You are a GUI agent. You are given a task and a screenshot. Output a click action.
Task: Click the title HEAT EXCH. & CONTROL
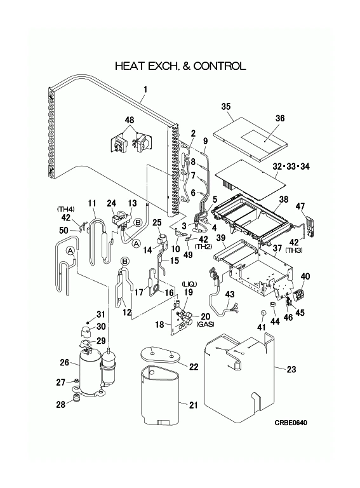pyautogui.click(x=180, y=66)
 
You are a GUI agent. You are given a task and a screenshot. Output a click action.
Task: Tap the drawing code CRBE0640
pyautogui.click(x=291, y=423)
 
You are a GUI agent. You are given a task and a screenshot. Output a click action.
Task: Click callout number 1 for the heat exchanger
pyautogui.click(x=145, y=90)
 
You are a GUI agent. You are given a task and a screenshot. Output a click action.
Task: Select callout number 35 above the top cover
pyautogui.click(x=226, y=107)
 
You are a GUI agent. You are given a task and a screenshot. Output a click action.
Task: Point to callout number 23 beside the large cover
pyautogui.click(x=291, y=369)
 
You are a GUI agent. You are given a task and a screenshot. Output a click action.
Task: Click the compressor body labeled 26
pyautogui.click(x=90, y=371)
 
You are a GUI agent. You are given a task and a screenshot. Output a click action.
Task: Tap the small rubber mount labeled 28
pyautogui.click(x=75, y=398)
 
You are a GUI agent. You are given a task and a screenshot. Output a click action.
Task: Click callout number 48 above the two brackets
pyautogui.click(x=130, y=120)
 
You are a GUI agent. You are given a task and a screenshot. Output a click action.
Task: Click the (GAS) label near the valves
pyautogui.click(x=205, y=324)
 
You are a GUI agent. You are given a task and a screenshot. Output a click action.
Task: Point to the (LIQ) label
pyautogui.click(x=189, y=284)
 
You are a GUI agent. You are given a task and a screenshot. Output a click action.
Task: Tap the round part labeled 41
pyautogui.click(x=263, y=313)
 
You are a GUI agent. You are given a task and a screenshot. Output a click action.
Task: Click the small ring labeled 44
pyautogui.click(x=273, y=304)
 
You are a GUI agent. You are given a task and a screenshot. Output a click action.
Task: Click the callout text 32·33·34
pyautogui.click(x=291, y=166)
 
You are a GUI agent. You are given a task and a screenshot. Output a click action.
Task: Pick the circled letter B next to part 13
pyautogui.click(x=138, y=222)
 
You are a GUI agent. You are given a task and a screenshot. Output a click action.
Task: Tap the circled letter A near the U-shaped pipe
pyautogui.click(x=70, y=250)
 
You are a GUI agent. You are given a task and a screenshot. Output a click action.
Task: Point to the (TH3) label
pyautogui.click(x=294, y=250)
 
